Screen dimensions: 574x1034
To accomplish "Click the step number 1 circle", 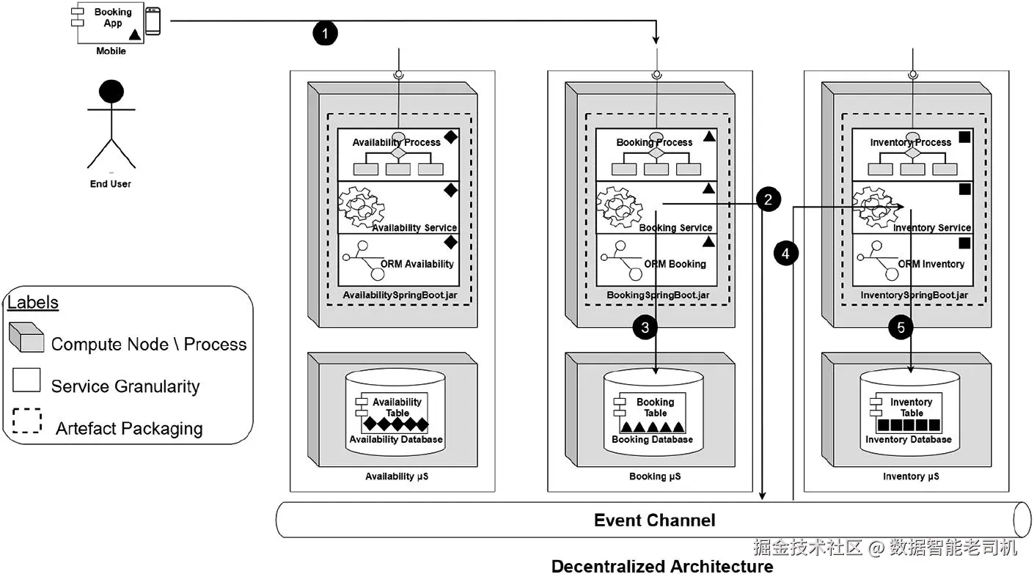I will [326, 33].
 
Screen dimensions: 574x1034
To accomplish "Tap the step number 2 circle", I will [768, 199].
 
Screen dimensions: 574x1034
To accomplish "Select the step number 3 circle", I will [645, 328].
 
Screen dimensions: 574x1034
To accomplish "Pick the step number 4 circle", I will [786, 254].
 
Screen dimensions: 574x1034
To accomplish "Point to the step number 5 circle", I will [901, 328].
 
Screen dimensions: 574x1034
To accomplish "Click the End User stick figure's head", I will [111, 91].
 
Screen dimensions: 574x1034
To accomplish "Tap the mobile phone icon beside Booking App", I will [153, 21].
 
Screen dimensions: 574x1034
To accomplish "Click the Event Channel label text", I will [654, 520].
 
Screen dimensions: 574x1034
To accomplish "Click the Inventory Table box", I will [909, 413].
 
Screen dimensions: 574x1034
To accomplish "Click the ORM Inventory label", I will [931, 264].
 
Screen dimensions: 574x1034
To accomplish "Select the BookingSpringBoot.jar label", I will [658, 295].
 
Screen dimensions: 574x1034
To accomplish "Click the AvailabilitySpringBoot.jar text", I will [400, 295].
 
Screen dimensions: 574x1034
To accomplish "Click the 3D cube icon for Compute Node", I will [26, 339].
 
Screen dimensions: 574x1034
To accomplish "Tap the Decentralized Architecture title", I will [661, 566].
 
